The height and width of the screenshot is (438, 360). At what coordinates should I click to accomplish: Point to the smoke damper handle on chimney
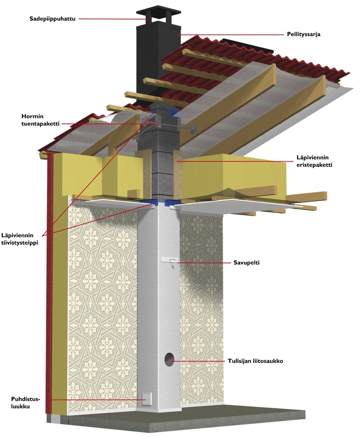coord(172,261)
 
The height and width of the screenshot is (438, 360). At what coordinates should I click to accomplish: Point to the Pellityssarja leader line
coord(230,34)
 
